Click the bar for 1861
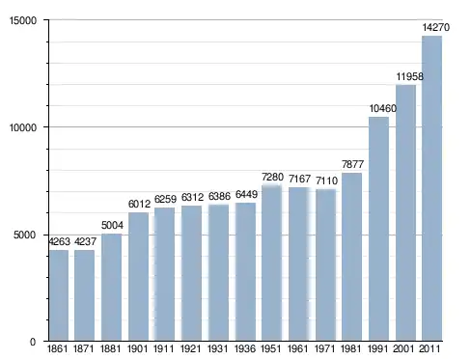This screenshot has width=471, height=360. (x=59, y=295)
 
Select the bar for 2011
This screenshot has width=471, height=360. (x=431, y=188)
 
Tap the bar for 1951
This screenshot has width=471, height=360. (x=271, y=263)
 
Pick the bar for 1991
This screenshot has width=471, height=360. (x=378, y=229)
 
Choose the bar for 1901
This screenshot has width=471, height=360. (x=138, y=276)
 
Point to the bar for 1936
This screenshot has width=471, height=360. (x=245, y=271)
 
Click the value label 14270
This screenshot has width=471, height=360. (x=436, y=27)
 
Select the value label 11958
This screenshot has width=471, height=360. (x=409, y=76)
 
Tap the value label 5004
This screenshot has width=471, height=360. (x=112, y=225)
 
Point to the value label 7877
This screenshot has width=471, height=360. (x=352, y=164)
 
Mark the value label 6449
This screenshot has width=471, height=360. (x=246, y=194)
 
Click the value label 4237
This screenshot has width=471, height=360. (x=85, y=241)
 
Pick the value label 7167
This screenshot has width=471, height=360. (x=299, y=179)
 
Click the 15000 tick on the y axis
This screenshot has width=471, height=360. (x=23, y=20)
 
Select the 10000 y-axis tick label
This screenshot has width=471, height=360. (x=23, y=127)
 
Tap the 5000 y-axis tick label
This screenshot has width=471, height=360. (x=25, y=235)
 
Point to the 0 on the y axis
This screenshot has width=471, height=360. (x=33, y=342)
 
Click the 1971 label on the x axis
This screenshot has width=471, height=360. (x=325, y=348)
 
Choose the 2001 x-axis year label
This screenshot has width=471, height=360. (x=403, y=348)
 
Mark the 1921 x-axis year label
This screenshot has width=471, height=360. (x=191, y=348)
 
